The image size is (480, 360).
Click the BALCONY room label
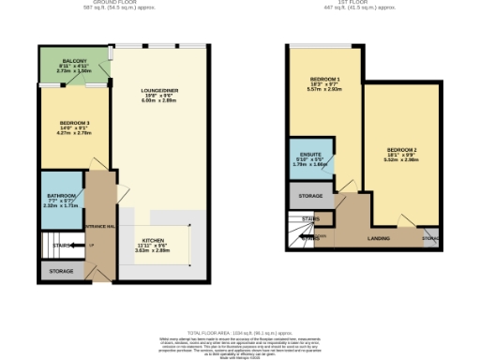[75, 60]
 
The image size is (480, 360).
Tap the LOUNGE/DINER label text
[159, 91]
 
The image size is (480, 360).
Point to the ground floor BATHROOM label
[61, 196]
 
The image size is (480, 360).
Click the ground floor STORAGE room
[61, 271]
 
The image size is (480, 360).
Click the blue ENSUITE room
[310, 160]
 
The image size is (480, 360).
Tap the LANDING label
[380, 238]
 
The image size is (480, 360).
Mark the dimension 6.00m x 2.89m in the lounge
[159, 102]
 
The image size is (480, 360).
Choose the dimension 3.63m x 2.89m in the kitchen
[154, 250]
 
